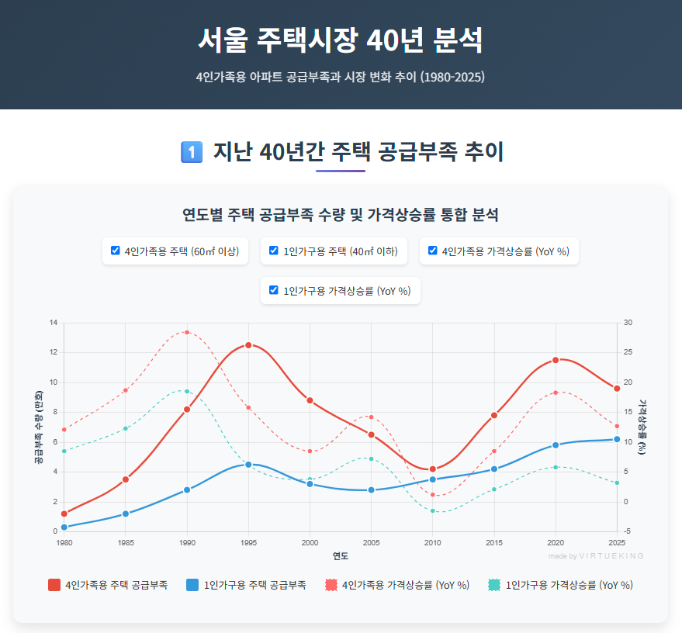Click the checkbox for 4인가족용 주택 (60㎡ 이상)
[x=116, y=251]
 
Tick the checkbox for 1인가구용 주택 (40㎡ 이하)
[x=274, y=251]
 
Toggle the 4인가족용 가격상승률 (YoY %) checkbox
[x=433, y=251]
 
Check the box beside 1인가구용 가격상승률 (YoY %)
[x=274, y=290]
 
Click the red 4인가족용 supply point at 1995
[x=248, y=345]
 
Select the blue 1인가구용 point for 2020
[x=556, y=445]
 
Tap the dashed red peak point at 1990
[x=186, y=332]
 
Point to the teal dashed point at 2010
[x=433, y=510]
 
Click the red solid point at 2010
[x=433, y=469]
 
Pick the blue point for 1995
[x=248, y=464]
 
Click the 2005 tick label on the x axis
[x=372, y=542]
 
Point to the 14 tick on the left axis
[x=53, y=323]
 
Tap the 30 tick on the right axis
[x=628, y=323]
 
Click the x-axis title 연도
[x=341, y=556]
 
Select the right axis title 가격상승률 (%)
[x=642, y=427]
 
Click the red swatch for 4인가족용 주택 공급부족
[x=54, y=585]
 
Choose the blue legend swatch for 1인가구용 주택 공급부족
[x=192, y=585]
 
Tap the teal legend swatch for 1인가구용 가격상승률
[x=494, y=585]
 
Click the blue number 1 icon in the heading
[x=191, y=152]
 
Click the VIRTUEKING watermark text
[x=612, y=556]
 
